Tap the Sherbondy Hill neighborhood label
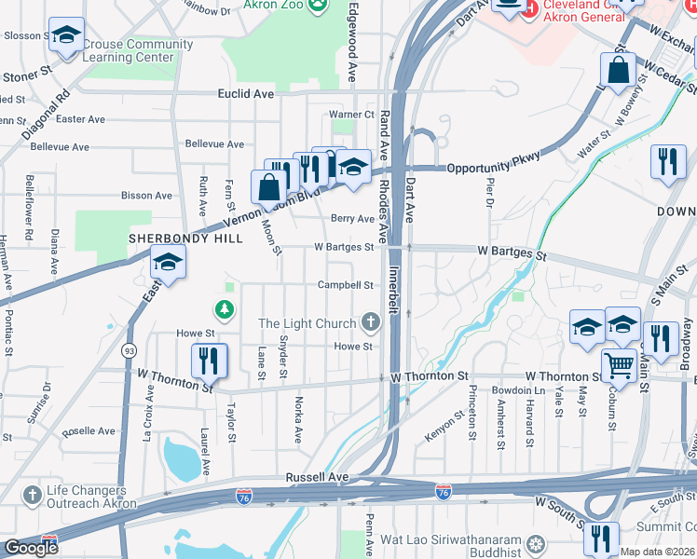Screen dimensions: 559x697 (185, 239)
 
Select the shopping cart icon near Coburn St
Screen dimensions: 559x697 (618, 365)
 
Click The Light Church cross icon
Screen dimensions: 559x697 (371, 323)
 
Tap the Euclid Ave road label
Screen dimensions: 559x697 (246, 94)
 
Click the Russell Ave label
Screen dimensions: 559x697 (317, 476)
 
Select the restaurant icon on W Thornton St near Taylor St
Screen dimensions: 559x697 (210, 360)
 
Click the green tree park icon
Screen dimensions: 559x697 (224, 308)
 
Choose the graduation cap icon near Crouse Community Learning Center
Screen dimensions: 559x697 (65, 35)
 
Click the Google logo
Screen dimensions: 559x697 (31, 548)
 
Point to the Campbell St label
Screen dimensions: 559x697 (346, 285)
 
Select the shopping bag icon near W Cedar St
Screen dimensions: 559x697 (618, 69)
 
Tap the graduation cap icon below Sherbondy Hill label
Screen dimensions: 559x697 (168, 264)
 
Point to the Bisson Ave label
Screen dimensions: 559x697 (146, 196)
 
